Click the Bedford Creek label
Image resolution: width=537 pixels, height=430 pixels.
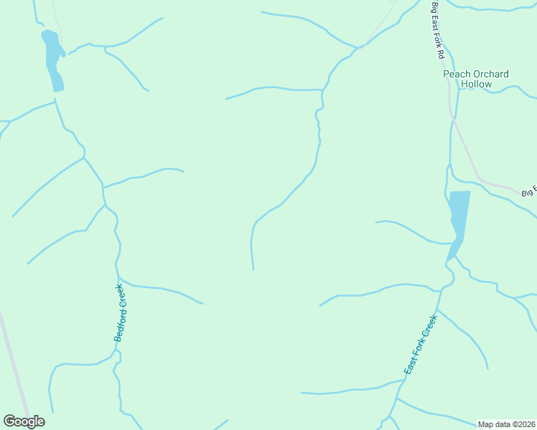[121, 312]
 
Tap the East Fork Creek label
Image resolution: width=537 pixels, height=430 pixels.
[420, 345]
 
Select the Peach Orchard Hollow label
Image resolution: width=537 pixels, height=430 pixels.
[476, 79]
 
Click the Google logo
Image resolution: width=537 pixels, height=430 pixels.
[24, 421]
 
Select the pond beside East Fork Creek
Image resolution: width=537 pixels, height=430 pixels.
[457, 219]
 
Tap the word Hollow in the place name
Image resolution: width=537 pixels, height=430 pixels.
[477, 84]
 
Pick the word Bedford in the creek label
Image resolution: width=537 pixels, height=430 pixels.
[118, 325]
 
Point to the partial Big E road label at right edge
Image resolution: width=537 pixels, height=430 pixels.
[529, 191]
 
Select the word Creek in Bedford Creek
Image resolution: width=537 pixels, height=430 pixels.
[123, 295]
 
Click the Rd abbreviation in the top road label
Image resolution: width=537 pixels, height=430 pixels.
[443, 53]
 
